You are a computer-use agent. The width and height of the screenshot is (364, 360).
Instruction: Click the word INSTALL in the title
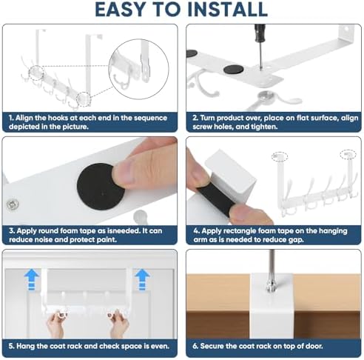tap(227, 10)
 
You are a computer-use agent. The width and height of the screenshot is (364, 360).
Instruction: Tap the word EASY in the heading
tap(120, 10)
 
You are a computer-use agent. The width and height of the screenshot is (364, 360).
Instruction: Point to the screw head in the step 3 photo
tap(13, 204)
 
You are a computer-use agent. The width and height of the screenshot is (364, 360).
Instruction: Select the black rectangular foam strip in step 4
tap(216, 199)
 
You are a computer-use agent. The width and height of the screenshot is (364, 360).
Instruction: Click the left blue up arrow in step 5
tap(32, 279)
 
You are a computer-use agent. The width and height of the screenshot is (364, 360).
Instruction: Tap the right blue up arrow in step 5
tap(142, 279)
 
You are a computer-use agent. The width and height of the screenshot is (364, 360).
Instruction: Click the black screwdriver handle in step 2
tap(260, 33)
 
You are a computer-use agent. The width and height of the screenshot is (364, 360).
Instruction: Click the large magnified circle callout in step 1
tap(139, 69)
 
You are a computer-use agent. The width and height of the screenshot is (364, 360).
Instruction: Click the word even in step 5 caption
tap(160, 346)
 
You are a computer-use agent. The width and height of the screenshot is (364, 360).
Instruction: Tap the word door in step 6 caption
tap(314, 346)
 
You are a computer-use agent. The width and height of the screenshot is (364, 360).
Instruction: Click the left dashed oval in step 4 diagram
tap(280, 156)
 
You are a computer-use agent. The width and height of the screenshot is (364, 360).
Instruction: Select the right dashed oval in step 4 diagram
tap(348, 154)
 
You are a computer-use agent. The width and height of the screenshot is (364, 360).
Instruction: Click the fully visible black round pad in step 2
tap(233, 70)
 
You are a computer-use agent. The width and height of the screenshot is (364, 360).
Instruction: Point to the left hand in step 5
tap(56, 323)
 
